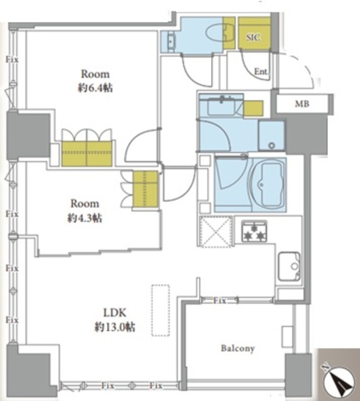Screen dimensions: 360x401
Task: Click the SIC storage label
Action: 254,38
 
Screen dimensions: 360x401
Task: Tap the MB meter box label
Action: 302,104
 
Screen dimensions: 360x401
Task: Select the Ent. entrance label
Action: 261,71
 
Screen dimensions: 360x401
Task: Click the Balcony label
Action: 238,348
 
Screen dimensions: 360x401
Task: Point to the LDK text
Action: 115,313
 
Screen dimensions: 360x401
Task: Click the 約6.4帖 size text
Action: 95,88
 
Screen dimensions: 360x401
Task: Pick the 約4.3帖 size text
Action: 85,218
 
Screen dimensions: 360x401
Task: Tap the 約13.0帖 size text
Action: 115,327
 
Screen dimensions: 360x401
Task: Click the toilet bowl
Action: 215,36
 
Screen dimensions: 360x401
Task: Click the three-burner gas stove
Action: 254,231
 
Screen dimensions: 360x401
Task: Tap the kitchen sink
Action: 289,266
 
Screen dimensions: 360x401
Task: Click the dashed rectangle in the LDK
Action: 160,310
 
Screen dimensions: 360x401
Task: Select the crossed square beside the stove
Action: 215,232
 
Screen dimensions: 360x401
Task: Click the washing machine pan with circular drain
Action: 271,135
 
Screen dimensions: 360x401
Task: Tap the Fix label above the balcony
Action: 220,301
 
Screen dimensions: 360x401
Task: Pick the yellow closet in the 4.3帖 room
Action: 145,189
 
